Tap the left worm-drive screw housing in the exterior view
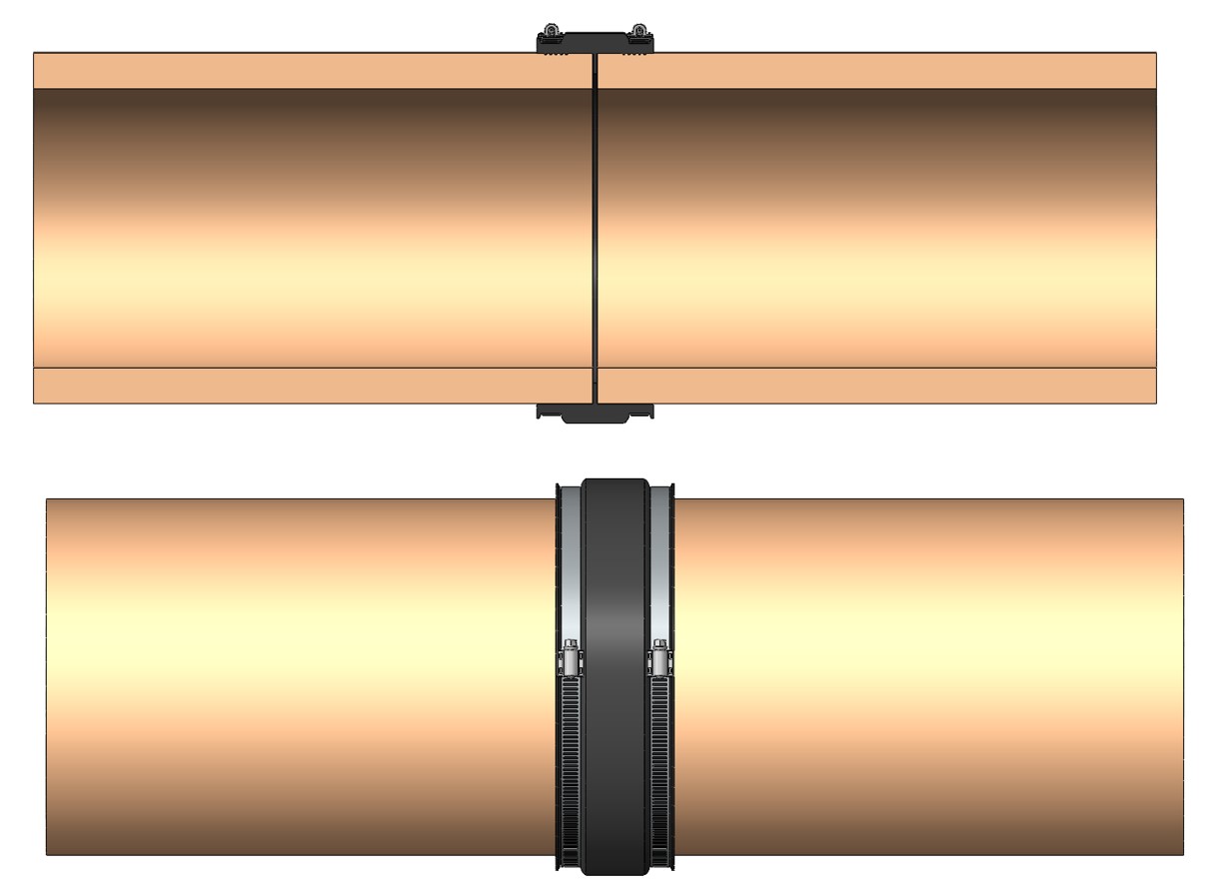coord(571,658)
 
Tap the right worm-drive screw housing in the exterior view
coord(659,658)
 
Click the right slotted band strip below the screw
coord(659,769)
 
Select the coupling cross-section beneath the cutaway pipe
coord(595,413)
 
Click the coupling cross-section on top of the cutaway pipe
coord(595,43)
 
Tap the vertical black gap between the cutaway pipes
coord(595,230)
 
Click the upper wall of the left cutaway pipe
coord(300,71)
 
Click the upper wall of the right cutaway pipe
coord(879,71)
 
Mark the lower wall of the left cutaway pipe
coord(300,386)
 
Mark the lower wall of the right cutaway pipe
coord(879,386)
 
